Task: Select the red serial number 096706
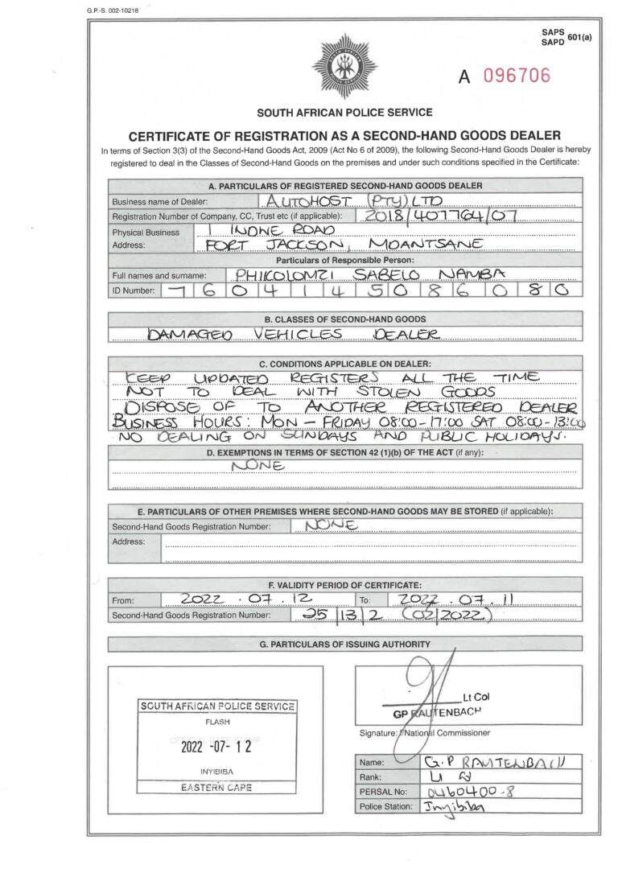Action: (517, 76)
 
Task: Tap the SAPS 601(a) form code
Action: (566, 36)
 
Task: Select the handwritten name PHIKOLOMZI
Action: (278, 274)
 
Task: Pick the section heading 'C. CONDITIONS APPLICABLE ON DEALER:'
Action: (345, 364)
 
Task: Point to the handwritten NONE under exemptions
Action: (257, 465)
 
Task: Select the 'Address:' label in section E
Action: (129, 541)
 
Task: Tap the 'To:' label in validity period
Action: (365, 600)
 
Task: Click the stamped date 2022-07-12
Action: (216, 746)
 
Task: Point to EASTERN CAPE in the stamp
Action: (216, 788)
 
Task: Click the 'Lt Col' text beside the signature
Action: (476, 698)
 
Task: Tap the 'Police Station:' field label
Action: (385, 807)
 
